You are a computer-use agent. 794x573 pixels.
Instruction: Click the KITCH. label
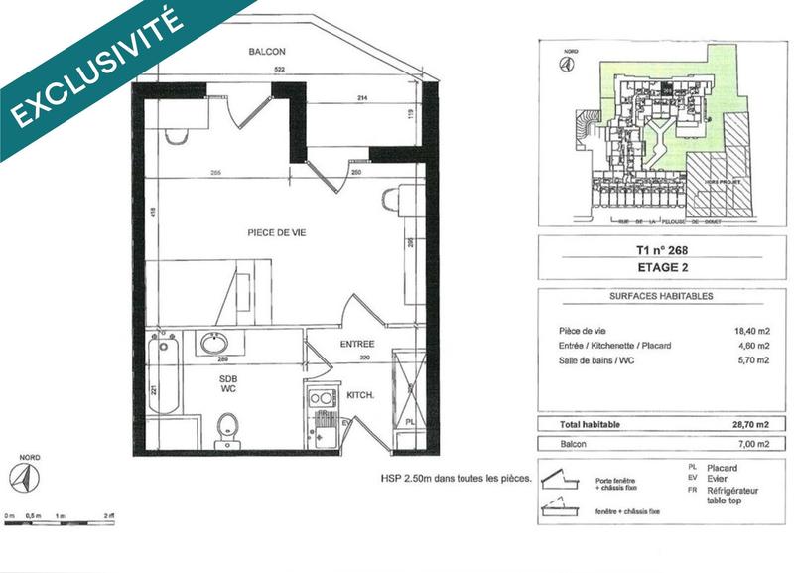pos(359,395)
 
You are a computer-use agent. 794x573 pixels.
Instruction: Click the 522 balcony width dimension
pos(280,69)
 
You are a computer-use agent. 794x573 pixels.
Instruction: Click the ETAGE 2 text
pos(658,267)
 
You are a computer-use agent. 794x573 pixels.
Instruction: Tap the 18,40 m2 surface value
pos(749,331)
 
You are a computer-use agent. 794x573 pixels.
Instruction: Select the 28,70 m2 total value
pos(749,424)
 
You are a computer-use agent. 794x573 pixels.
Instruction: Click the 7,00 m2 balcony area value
pos(751,444)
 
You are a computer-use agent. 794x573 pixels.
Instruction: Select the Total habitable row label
pos(580,424)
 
